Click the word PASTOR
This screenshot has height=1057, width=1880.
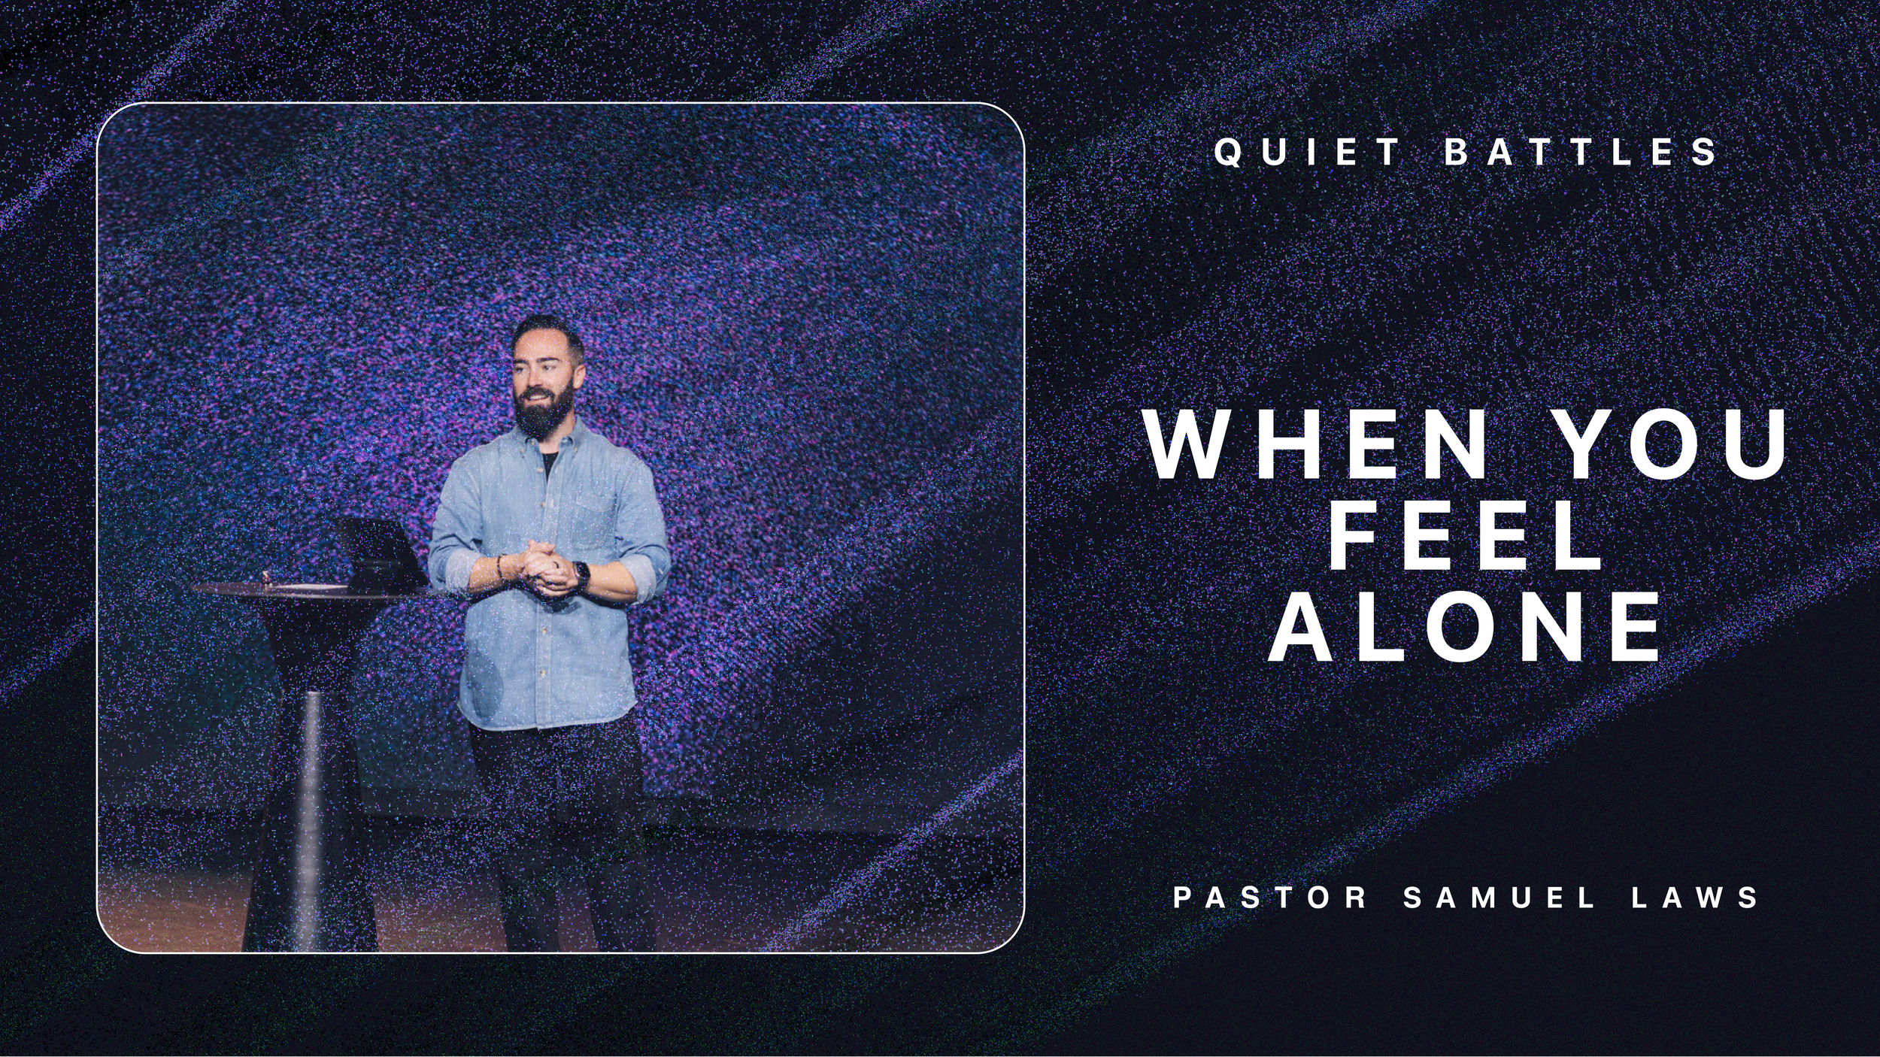point(1270,898)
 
